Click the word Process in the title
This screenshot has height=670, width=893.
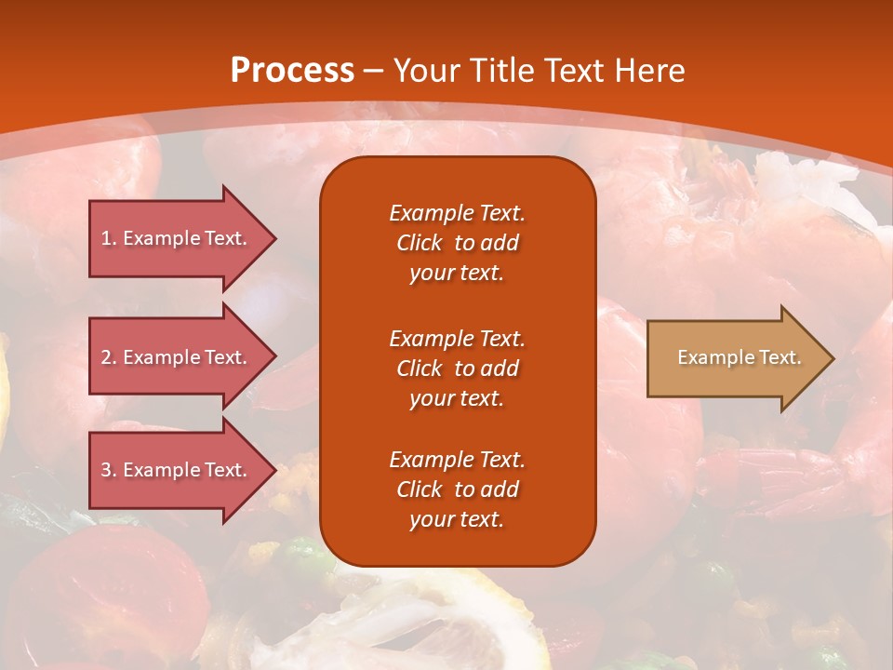[x=292, y=71]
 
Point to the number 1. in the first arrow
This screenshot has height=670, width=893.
[x=109, y=238]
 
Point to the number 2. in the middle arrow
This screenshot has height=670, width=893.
[x=109, y=357]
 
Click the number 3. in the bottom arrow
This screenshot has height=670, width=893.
[x=109, y=470]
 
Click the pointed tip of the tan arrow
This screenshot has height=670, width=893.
[x=830, y=358]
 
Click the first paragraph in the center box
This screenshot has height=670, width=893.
[x=457, y=243]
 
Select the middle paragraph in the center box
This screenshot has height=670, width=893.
[x=457, y=368]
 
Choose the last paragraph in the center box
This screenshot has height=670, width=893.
[x=457, y=489]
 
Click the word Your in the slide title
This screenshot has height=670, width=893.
[x=427, y=71]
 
